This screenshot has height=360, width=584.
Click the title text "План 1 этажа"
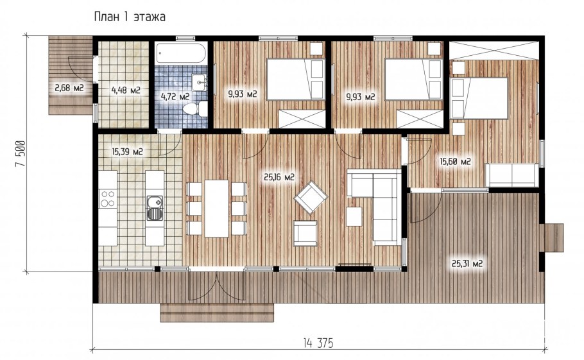(x=130, y=17)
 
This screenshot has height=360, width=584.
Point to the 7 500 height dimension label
(x=21, y=153)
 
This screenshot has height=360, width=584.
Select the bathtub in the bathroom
(x=181, y=53)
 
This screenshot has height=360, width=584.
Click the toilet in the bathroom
(x=195, y=108)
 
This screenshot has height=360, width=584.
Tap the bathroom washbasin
(x=200, y=82)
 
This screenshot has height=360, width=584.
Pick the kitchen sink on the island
(x=155, y=208)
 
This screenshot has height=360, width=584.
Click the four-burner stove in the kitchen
(x=108, y=198)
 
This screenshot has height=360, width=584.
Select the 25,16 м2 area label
(x=279, y=178)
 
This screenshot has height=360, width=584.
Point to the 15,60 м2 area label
(x=455, y=162)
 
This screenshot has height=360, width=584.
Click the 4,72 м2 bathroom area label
(x=175, y=97)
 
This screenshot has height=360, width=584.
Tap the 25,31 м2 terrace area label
(x=467, y=264)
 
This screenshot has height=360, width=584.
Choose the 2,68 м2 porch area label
(x=69, y=88)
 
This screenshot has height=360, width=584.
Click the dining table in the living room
(x=216, y=209)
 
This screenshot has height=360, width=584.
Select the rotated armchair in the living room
(x=311, y=197)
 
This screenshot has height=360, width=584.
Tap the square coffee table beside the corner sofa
(x=354, y=216)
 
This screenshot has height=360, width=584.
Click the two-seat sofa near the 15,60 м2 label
(x=511, y=175)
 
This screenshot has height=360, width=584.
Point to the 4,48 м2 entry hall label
(x=126, y=90)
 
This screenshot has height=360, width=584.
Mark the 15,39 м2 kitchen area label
(x=127, y=151)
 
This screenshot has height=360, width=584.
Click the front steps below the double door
(x=217, y=313)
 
